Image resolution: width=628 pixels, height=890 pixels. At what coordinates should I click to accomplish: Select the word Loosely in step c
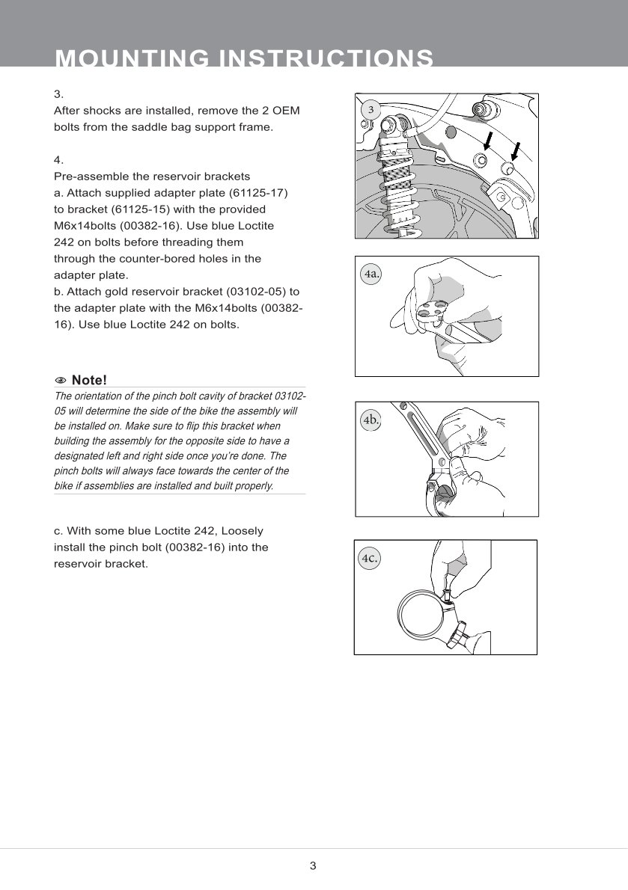point(241,531)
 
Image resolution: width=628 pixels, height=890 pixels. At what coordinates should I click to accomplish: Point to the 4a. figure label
point(371,274)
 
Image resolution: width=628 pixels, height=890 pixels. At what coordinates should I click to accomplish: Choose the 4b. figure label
point(371,420)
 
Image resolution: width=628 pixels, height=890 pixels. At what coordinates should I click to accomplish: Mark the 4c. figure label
point(370,558)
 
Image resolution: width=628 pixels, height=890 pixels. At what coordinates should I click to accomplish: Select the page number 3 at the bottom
point(313,866)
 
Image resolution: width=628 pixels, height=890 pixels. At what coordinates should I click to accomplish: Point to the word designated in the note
point(86,455)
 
